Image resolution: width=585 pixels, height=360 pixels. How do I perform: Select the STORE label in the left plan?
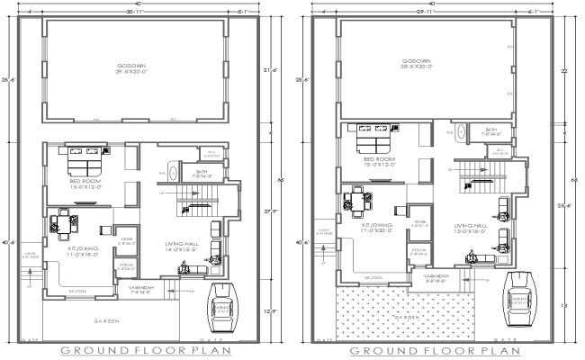click(127, 240)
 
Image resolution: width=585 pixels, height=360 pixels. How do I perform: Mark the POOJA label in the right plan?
click(418, 250)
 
